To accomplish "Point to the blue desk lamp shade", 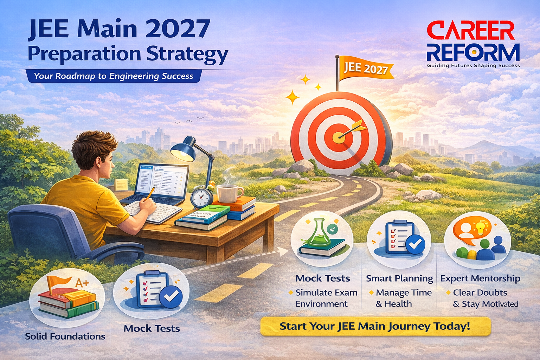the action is click(x=182, y=149).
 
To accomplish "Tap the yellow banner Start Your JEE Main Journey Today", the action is click(x=375, y=326).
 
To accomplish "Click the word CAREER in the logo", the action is click(x=471, y=31).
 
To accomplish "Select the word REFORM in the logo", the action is click(x=473, y=52).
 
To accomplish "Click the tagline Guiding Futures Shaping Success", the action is click(x=473, y=66).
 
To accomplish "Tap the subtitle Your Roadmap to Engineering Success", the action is click(x=114, y=76).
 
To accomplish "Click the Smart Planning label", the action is click(x=399, y=278).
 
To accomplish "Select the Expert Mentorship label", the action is click(x=480, y=278).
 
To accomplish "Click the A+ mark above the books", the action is click(x=82, y=283).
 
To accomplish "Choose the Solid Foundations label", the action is click(x=65, y=336).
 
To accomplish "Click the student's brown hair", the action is click(x=94, y=147).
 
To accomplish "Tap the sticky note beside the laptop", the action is click(x=121, y=185).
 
